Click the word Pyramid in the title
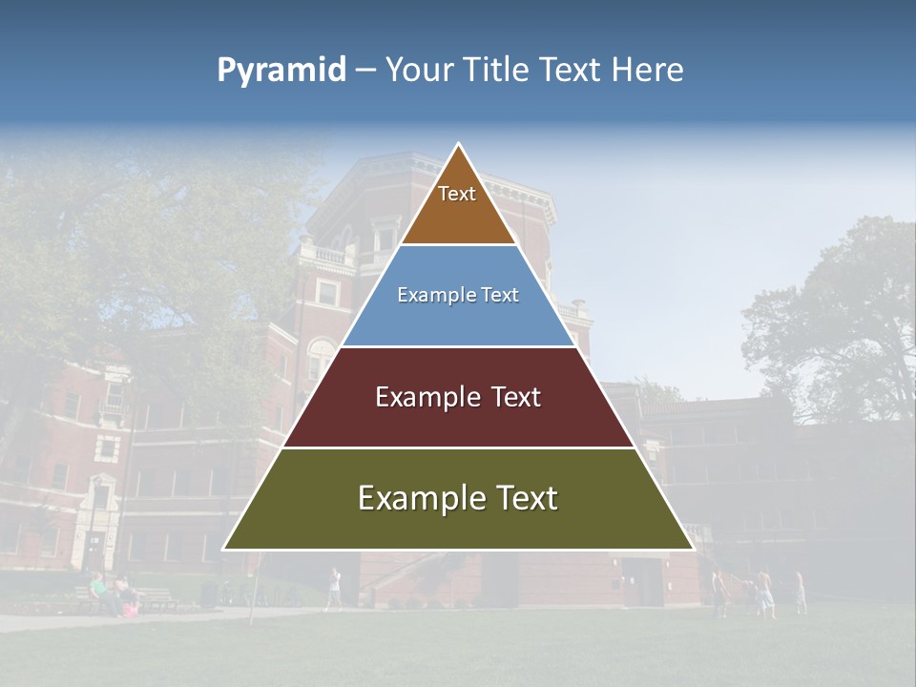[281, 71]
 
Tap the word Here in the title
[647, 71]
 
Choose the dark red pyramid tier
[458, 420]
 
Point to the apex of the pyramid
[458, 145]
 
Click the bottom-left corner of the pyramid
[224, 549]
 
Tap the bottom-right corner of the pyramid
[693, 549]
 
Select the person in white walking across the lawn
[333, 588]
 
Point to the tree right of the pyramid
[830, 315]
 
